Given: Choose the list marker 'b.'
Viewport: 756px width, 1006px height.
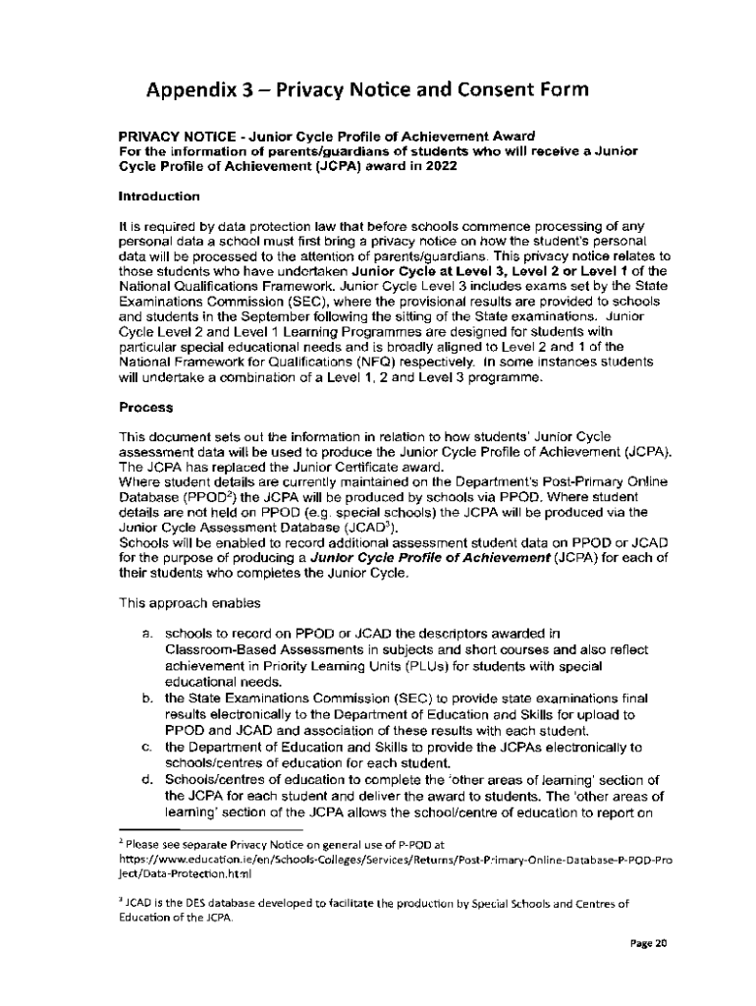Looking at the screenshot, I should (x=146, y=698).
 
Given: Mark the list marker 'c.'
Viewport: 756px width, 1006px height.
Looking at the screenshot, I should (x=146, y=747).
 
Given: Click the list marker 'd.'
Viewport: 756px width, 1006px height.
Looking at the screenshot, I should (x=146, y=780).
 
